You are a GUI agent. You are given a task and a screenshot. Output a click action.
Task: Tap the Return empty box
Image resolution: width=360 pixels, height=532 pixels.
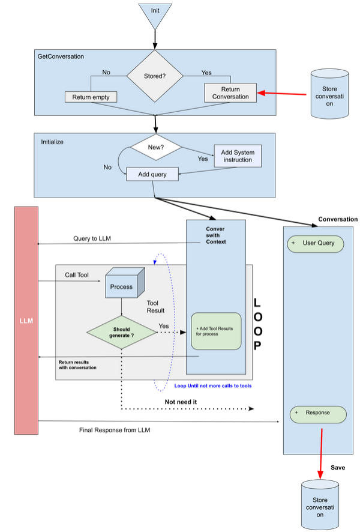(x=90, y=96)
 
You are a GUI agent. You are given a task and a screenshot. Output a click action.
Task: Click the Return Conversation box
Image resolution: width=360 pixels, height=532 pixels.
(x=230, y=92)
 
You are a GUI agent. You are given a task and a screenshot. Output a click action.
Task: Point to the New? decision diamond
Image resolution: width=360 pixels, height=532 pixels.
(x=155, y=147)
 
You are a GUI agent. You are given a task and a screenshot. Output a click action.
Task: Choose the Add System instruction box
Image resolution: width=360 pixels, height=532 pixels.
(x=238, y=156)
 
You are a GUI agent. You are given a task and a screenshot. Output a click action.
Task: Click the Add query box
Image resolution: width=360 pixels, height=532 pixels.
(x=152, y=174)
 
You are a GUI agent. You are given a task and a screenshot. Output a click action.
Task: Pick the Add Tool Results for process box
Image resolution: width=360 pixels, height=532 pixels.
(x=216, y=331)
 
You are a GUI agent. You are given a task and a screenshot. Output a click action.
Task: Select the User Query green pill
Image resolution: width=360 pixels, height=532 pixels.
(x=315, y=244)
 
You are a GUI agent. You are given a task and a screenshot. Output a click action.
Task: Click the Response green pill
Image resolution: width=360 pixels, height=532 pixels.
(x=318, y=414)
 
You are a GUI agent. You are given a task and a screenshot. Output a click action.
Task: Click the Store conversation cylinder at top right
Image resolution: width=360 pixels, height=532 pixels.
(x=330, y=93)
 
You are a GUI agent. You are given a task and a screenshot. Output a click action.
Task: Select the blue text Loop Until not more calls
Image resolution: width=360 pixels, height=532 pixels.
(x=212, y=386)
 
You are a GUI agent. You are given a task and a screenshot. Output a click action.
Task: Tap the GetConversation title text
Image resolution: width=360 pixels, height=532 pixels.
(x=61, y=56)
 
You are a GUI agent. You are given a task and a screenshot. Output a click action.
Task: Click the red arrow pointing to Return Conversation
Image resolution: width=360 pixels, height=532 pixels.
(x=281, y=93)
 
